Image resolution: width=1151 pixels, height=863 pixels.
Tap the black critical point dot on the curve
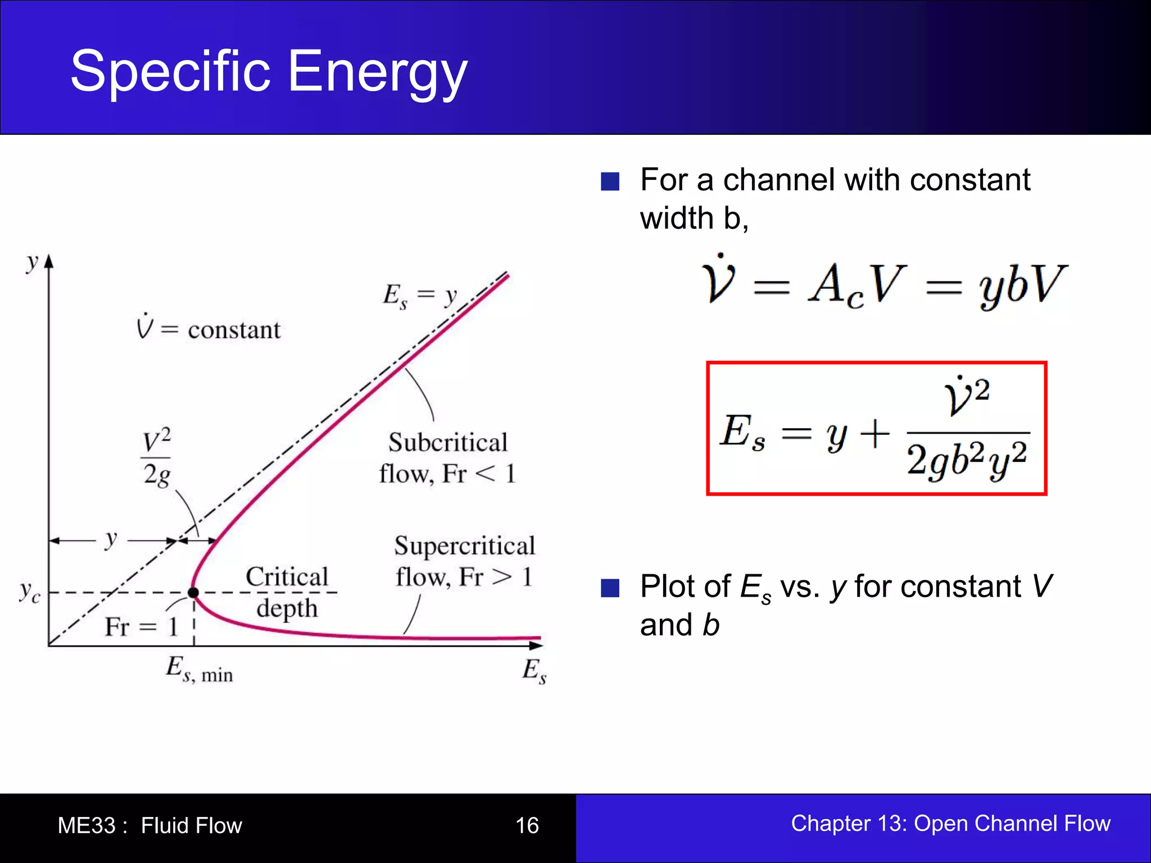(193, 592)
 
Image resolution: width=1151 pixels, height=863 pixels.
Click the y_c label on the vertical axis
(29, 592)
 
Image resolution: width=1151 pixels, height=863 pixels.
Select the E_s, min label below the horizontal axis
(199, 670)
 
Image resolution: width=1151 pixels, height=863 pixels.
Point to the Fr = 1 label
(141, 626)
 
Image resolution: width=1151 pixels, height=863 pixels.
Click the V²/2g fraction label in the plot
(156, 458)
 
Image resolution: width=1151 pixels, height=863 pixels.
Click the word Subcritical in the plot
(448, 442)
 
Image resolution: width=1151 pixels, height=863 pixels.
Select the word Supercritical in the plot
(464, 546)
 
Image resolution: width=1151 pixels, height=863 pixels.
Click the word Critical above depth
(287, 576)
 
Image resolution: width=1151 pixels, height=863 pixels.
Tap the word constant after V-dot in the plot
(234, 330)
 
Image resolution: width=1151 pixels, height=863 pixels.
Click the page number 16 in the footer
(527, 825)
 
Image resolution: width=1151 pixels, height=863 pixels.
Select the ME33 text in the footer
(87, 825)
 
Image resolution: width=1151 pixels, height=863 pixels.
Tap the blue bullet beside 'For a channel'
(610, 181)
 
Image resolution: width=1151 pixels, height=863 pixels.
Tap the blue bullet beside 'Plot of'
(610, 588)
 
